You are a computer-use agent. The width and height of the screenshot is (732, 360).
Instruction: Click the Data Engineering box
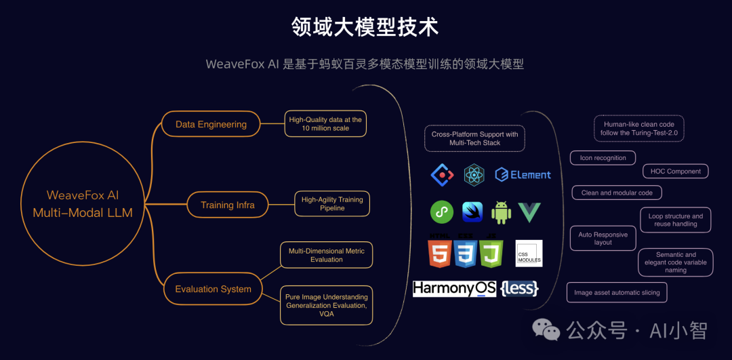click(211, 124)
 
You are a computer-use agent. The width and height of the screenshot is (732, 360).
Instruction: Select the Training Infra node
click(227, 205)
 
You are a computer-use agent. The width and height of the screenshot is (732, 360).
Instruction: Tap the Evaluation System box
click(213, 289)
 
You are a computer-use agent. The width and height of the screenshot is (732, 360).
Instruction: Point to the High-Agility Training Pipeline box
click(332, 203)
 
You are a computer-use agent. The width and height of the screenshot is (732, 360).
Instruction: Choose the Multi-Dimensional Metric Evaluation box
click(326, 255)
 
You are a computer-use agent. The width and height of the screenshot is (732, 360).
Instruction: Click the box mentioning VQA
click(326, 305)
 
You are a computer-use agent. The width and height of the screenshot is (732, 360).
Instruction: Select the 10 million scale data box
click(325, 124)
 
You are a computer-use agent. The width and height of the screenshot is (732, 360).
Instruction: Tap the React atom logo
click(474, 175)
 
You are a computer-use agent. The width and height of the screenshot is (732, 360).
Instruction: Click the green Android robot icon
click(502, 212)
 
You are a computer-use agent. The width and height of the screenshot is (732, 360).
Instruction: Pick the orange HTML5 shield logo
click(439, 253)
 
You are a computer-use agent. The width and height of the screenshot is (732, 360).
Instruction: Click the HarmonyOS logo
click(454, 289)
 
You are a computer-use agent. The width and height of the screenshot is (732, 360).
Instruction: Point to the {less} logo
click(520, 289)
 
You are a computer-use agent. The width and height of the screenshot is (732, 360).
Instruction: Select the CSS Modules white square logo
click(529, 254)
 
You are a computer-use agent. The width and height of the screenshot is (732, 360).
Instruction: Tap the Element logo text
click(523, 175)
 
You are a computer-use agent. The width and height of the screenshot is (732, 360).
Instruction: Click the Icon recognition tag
click(603, 158)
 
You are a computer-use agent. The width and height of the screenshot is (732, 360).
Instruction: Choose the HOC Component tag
click(676, 172)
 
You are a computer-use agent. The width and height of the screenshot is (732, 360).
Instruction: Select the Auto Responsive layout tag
click(603, 238)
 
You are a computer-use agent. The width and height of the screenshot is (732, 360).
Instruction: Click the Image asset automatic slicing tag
click(617, 293)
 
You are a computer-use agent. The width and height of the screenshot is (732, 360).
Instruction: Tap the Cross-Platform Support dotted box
click(474, 138)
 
